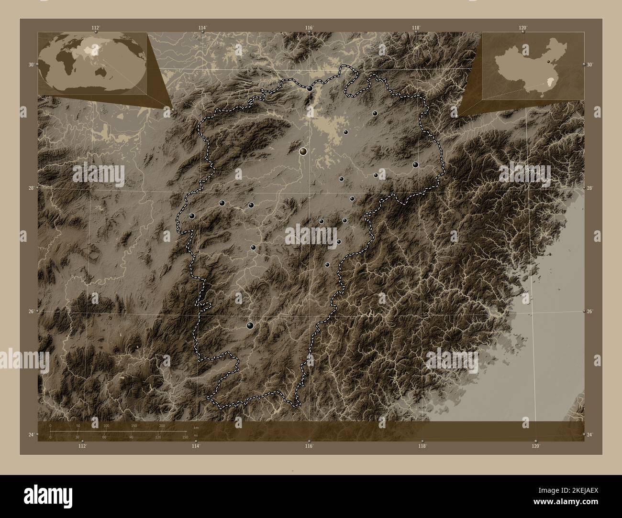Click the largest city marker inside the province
tap(303, 151)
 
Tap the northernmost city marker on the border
tap(310, 88)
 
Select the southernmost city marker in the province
tap(250, 325)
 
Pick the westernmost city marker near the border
tap(191, 216)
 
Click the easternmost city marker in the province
tap(415, 164)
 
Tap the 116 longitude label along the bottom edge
tap(309, 446)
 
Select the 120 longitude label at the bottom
tap(536, 446)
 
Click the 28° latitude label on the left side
tap(31, 188)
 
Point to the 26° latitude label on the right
tap(589, 311)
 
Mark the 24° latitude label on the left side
tap(31, 434)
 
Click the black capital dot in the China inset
tap(549, 62)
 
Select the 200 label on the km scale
tap(162, 425)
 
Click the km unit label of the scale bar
tap(195, 427)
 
